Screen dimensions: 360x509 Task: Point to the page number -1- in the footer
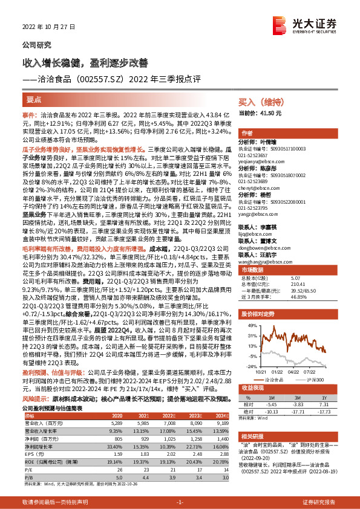[x=180, y=502]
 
